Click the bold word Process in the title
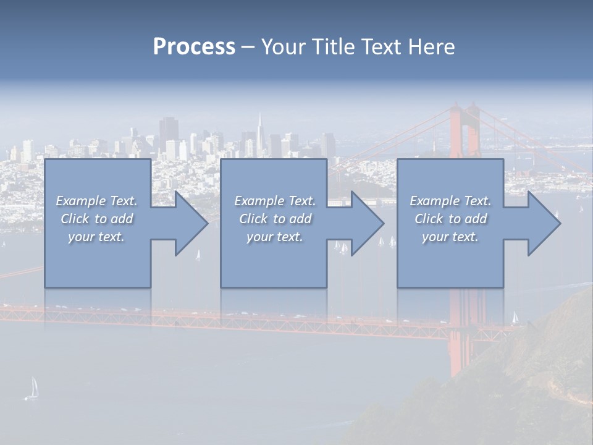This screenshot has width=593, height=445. [194, 47]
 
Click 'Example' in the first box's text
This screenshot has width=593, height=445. [80, 201]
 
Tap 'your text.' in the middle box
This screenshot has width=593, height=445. [274, 237]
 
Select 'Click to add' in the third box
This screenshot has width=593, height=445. [450, 219]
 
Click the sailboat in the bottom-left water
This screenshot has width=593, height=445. [33, 388]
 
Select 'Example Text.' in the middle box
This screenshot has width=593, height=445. [275, 201]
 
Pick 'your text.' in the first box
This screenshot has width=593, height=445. [96, 237]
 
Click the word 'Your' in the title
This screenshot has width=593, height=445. [282, 47]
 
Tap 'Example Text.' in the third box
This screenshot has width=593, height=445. [450, 201]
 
